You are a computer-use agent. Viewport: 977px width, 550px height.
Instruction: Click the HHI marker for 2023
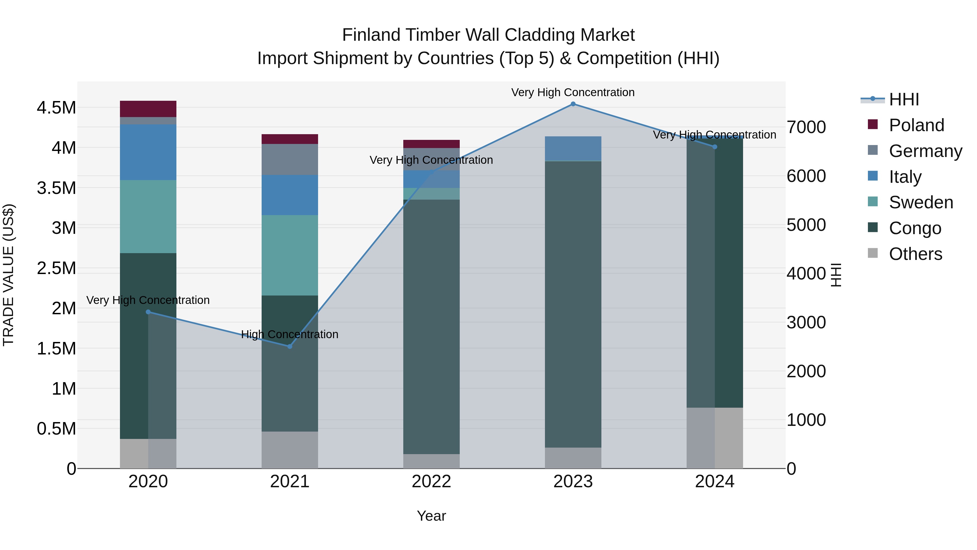pyautogui.click(x=573, y=104)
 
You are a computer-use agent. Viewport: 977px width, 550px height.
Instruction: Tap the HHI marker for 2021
pyautogui.click(x=290, y=346)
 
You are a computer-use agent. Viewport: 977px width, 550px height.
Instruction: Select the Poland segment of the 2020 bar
pyautogui.click(x=148, y=109)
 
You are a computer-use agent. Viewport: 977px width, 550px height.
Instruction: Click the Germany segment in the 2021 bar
pyautogui.click(x=290, y=159)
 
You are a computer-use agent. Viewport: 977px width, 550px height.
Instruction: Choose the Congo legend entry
pyautogui.click(x=915, y=228)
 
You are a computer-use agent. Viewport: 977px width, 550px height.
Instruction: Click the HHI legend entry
pyautogui.click(x=903, y=99)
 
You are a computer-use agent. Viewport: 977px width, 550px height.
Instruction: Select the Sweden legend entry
pyautogui.click(x=921, y=202)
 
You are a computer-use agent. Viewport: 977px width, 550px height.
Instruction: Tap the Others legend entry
pyautogui.click(x=915, y=254)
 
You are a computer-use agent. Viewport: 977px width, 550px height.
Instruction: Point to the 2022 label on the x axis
pyautogui.click(x=431, y=482)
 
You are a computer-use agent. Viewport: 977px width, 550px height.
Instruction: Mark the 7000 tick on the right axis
pyautogui.click(x=806, y=127)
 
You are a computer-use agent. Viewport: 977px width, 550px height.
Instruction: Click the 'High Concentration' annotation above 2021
pyautogui.click(x=290, y=334)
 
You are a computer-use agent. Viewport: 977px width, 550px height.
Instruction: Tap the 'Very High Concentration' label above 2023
pyautogui.click(x=573, y=92)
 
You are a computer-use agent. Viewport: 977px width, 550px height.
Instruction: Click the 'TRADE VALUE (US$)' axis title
pyautogui.click(x=8, y=275)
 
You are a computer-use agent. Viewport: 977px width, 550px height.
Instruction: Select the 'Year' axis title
pyautogui.click(x=431, y=516)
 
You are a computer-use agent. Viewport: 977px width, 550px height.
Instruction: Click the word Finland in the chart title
pyautogui.click(x=372, y=35)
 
